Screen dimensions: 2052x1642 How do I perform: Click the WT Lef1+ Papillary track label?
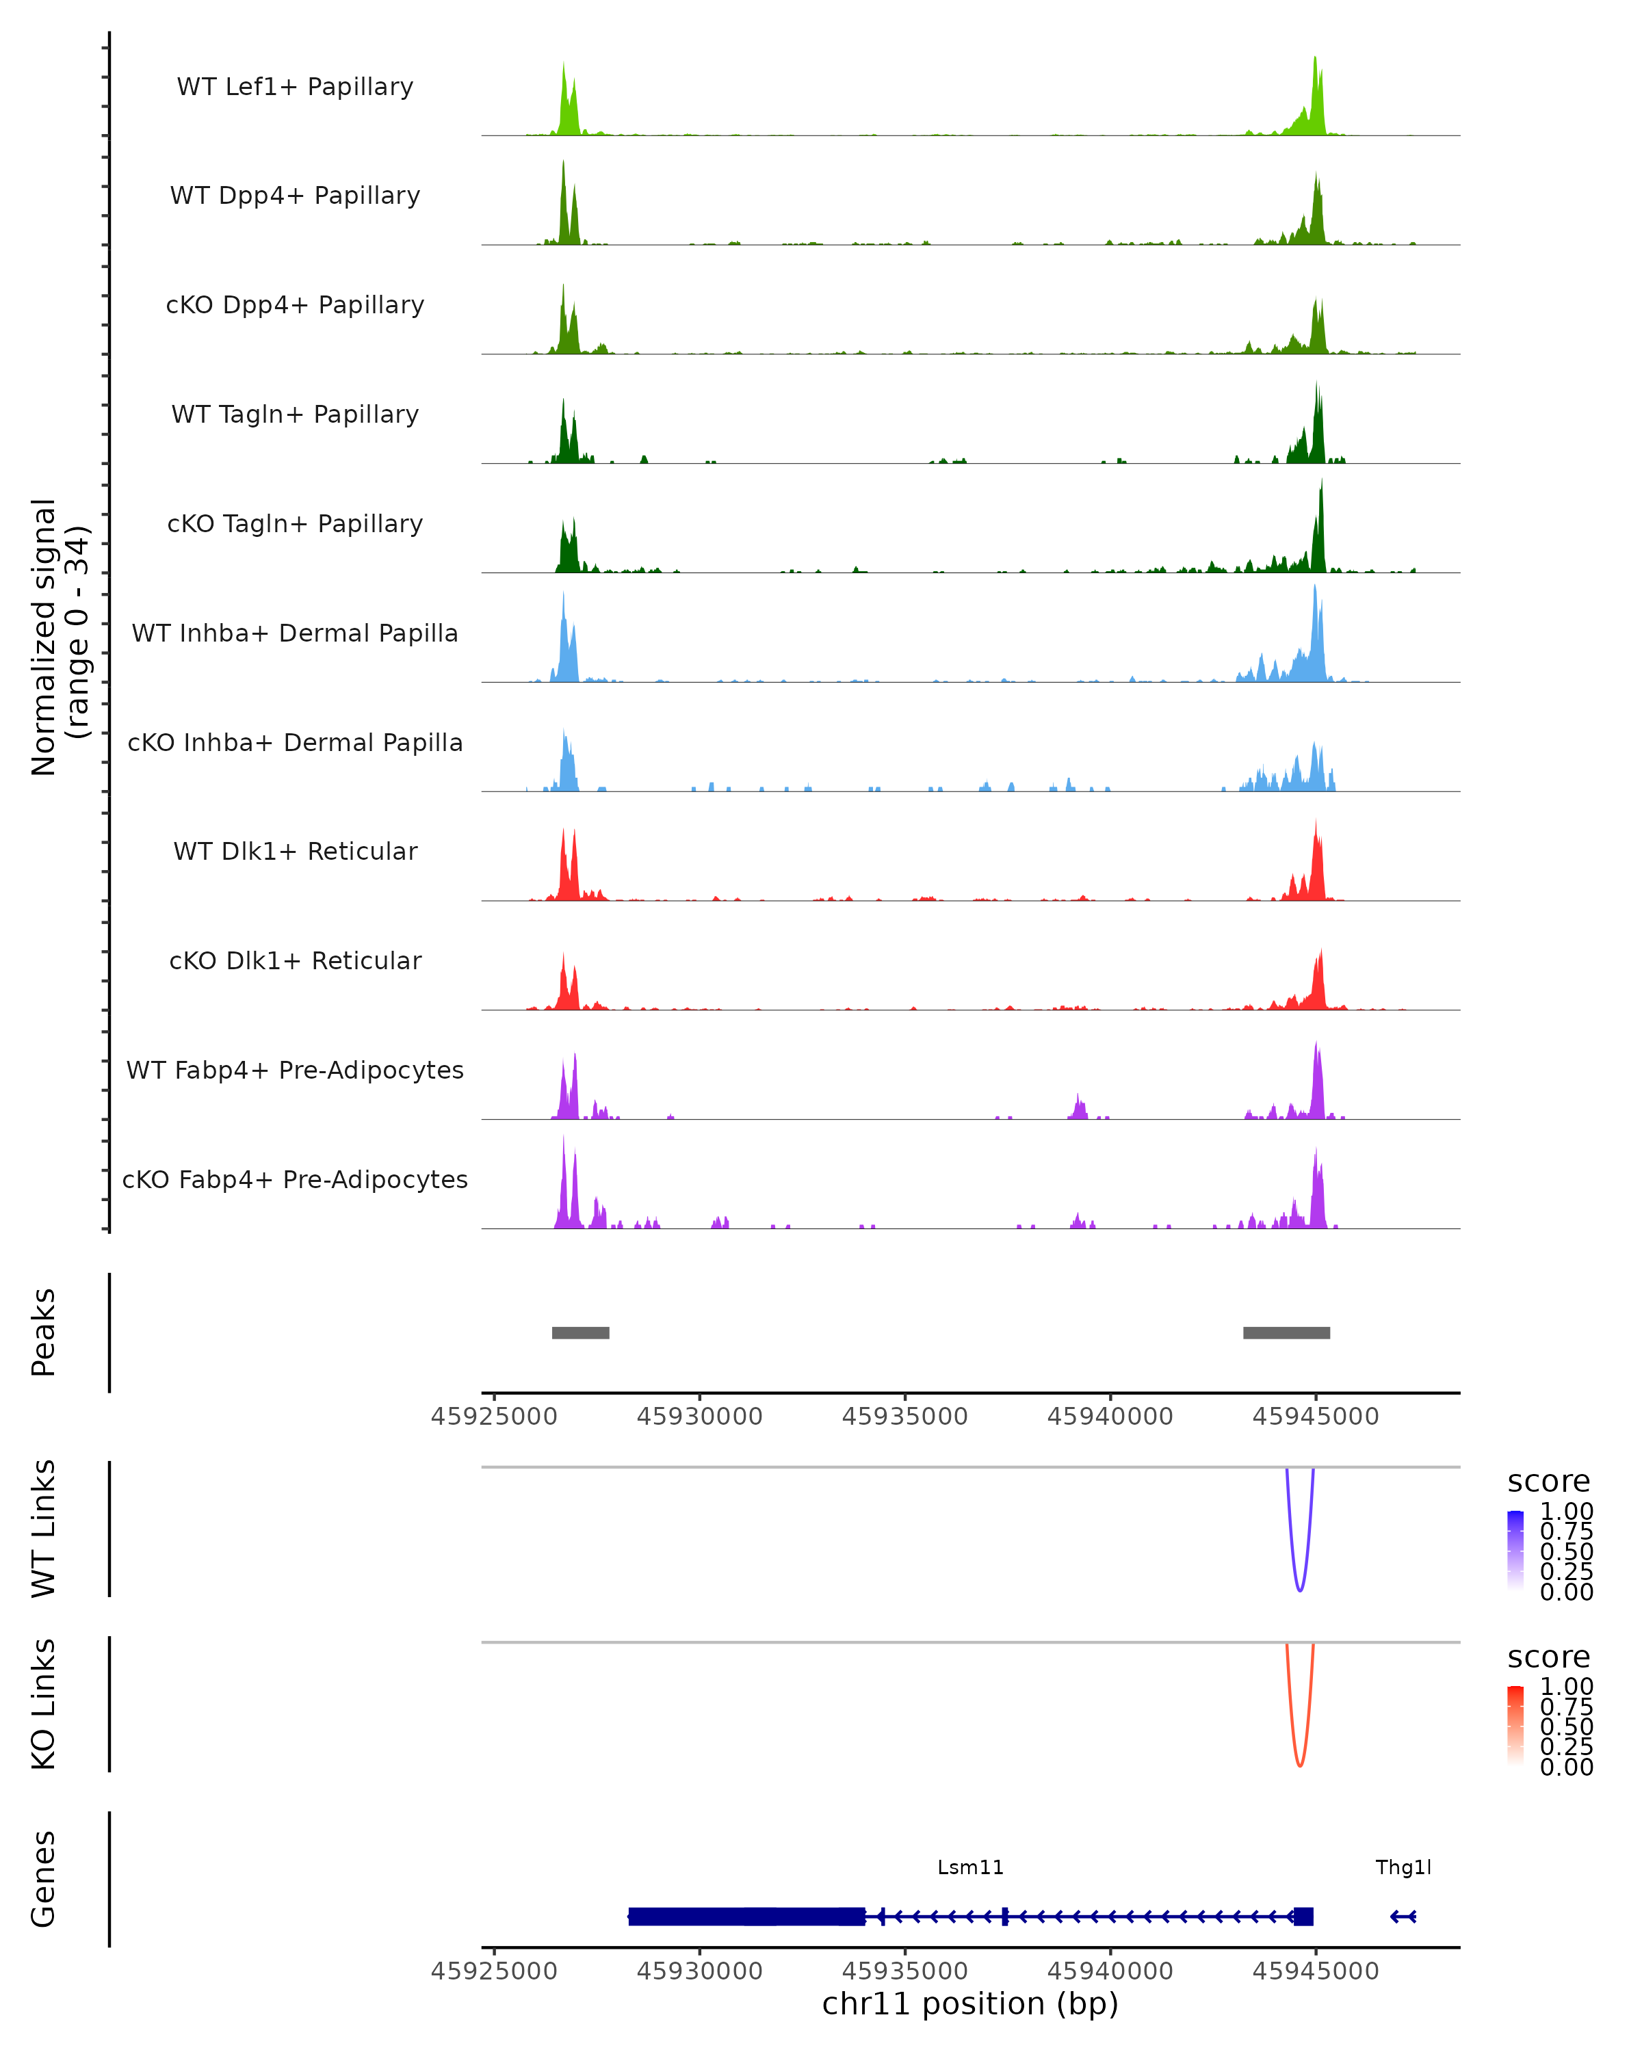click(x=295, y=87)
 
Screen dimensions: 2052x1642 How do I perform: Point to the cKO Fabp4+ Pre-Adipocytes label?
click(x=295, y=1179)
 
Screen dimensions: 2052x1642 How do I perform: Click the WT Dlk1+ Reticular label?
click(x=295, y=851)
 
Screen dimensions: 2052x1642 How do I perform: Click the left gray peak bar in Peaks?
click(x=581, y=1332)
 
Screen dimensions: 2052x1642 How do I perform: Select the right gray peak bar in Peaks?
click(x=1286, y=1332)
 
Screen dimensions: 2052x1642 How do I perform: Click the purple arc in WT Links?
click(x=1299, y=1588)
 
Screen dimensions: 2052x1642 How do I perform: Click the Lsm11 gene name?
click(x=970, y=1867)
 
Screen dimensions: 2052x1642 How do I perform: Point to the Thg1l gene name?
click(x=1403, y=1867)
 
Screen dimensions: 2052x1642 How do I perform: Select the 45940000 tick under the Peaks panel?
click(x=1110, y=1417)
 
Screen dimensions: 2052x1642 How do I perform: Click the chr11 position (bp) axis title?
click(x=970, y=2003)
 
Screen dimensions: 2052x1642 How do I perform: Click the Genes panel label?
click(x=43, y=1879)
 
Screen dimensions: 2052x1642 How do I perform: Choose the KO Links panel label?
click(x=43, y=1704)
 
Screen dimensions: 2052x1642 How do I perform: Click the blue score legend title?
click(x=1548, y=1481)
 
